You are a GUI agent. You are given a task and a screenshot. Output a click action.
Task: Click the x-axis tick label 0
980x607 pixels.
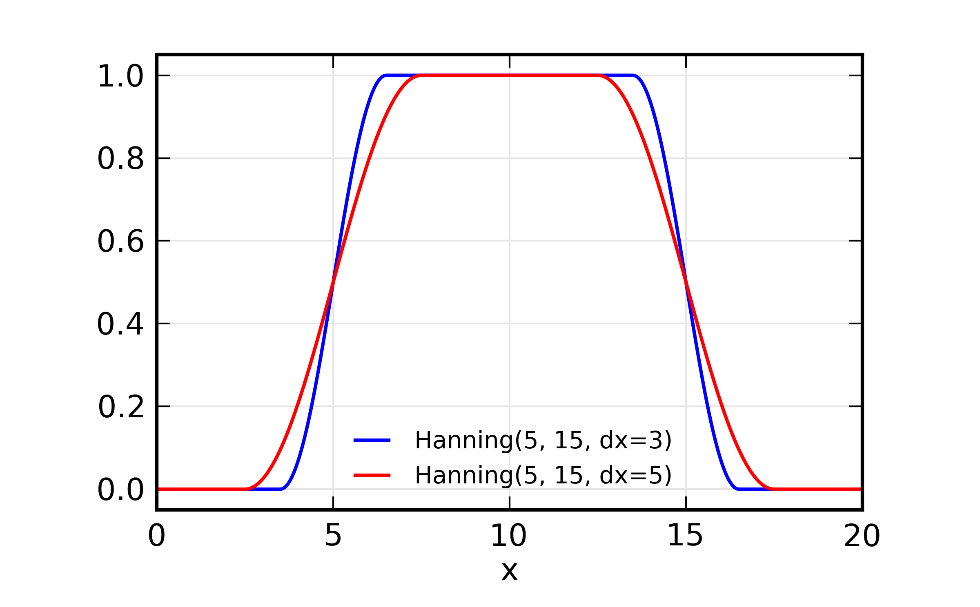(x=157, y=536)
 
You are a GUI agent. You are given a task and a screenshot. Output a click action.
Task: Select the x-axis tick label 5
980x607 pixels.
(x=333, y=536)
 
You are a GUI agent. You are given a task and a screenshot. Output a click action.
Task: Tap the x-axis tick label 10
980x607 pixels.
(x=509, y=536)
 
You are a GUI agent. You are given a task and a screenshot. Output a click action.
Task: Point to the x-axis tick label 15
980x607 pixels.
(x=685, y=536)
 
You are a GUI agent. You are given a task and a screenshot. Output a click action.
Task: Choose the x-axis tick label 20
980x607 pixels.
(x=862, y=536)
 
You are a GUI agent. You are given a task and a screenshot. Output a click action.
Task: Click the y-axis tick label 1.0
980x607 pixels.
(x=120, y=76)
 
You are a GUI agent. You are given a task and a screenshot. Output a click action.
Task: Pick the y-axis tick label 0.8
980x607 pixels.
(x=120, y=159)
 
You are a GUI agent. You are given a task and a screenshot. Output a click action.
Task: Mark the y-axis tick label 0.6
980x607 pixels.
(x=120, y=241)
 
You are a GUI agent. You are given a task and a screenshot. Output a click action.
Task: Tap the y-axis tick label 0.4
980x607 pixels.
(x=120, y=324)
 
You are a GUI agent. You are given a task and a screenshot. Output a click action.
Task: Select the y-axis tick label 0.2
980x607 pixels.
(x=121, y=407)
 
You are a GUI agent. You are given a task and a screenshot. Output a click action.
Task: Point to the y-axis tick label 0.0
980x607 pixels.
(x=120, y=490)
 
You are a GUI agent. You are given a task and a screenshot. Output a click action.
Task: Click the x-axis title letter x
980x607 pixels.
(x=509, y=572)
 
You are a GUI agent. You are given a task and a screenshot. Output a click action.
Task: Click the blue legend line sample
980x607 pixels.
(x=372, y=440)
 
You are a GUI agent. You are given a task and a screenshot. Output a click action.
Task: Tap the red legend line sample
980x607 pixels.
(x=372, y=475)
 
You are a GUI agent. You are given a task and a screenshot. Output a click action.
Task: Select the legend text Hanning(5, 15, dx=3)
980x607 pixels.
(x=543, y=441)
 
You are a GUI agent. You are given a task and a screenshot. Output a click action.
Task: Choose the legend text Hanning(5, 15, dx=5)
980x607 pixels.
(x=543, y=476)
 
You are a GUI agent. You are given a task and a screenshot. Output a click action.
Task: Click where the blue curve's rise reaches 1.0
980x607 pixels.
(x=386, y=75)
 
